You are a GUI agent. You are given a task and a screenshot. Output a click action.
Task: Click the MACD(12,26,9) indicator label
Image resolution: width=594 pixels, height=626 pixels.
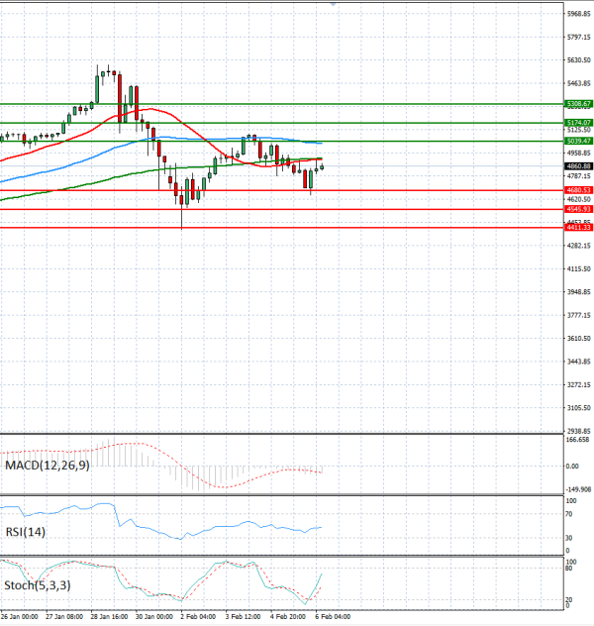point(47,465)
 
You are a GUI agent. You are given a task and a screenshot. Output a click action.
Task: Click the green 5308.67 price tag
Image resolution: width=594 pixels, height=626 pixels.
point(579,103)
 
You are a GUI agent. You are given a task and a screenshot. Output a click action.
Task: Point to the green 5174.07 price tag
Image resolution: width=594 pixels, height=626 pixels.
point(579,122)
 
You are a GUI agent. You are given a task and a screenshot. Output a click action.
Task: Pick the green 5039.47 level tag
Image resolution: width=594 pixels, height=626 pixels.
point(579,141)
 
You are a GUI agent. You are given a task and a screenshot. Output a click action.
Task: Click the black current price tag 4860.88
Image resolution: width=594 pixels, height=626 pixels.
point(579,165)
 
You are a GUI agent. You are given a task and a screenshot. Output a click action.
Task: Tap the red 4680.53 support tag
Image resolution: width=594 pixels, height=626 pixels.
point(579,190)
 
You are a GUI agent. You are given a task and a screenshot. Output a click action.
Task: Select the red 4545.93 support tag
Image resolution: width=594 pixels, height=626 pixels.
point(579,209)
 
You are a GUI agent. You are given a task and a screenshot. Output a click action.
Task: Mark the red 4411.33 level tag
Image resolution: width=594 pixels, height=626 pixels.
point(579,228)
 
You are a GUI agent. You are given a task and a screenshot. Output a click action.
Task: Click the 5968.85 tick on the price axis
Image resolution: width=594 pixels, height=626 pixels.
point(579,14)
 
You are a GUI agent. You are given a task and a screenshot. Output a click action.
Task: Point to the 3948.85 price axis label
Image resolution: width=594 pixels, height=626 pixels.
point(579,291)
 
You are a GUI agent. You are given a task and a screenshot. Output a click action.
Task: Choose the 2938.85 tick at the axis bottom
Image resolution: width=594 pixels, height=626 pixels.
point(579,431)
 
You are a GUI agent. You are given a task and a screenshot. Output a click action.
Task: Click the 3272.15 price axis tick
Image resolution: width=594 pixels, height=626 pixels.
point(579,384)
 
